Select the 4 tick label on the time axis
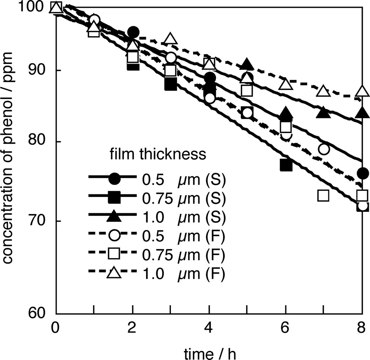(209, 329)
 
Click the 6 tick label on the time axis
(285, 329)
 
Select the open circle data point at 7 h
(324, 149)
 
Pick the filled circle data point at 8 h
(363, 173)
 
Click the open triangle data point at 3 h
(170, 38)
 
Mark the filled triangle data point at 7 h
(323, 112)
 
